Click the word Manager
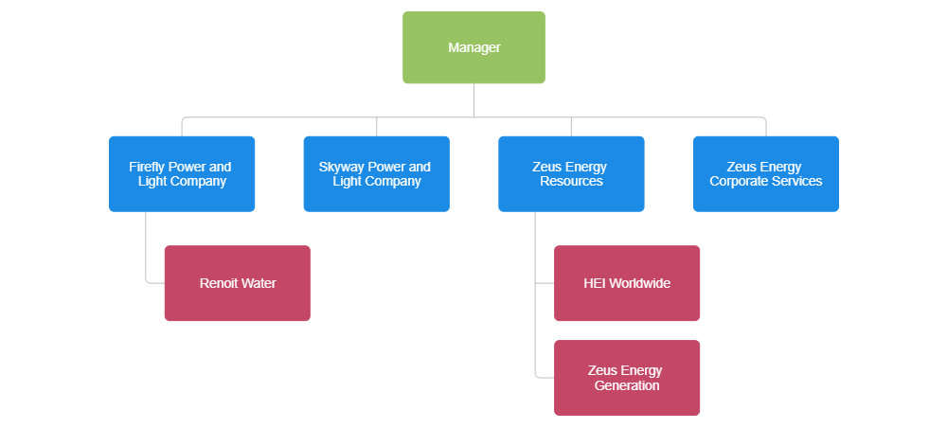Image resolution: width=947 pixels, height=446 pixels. (473, 47)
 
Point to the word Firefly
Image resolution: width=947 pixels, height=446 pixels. (151, 167)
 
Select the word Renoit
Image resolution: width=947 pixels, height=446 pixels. (219, 283)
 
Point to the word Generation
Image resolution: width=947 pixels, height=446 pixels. (627, 385)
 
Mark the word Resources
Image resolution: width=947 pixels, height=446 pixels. (571, 181)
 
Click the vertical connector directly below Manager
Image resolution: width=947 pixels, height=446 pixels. (473, 100)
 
